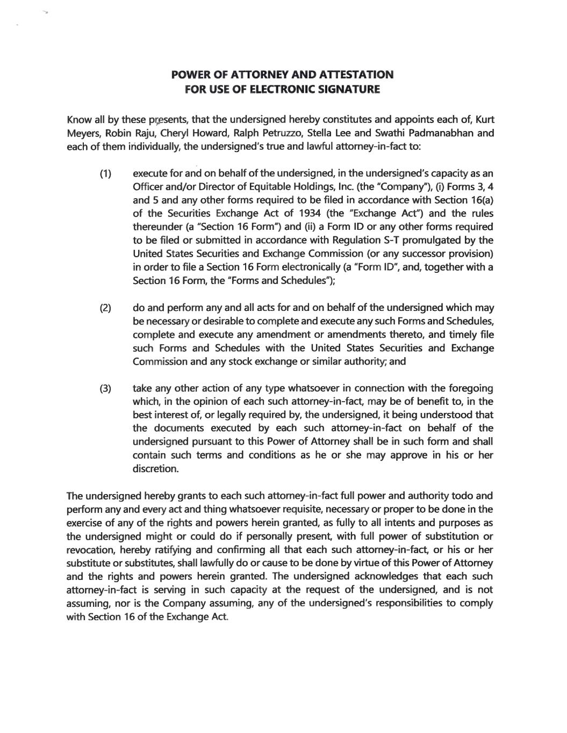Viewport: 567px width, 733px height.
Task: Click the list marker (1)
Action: [x=105, y=173]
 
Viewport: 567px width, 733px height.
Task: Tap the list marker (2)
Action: [x=105, y=308]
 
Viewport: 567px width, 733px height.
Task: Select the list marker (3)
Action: [x=105, y=388]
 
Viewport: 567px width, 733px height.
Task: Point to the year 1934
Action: [x=310, y=214]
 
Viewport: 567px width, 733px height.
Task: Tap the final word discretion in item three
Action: [x=155, y=469]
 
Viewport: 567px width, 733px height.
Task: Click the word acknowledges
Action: [x=377, y=577]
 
